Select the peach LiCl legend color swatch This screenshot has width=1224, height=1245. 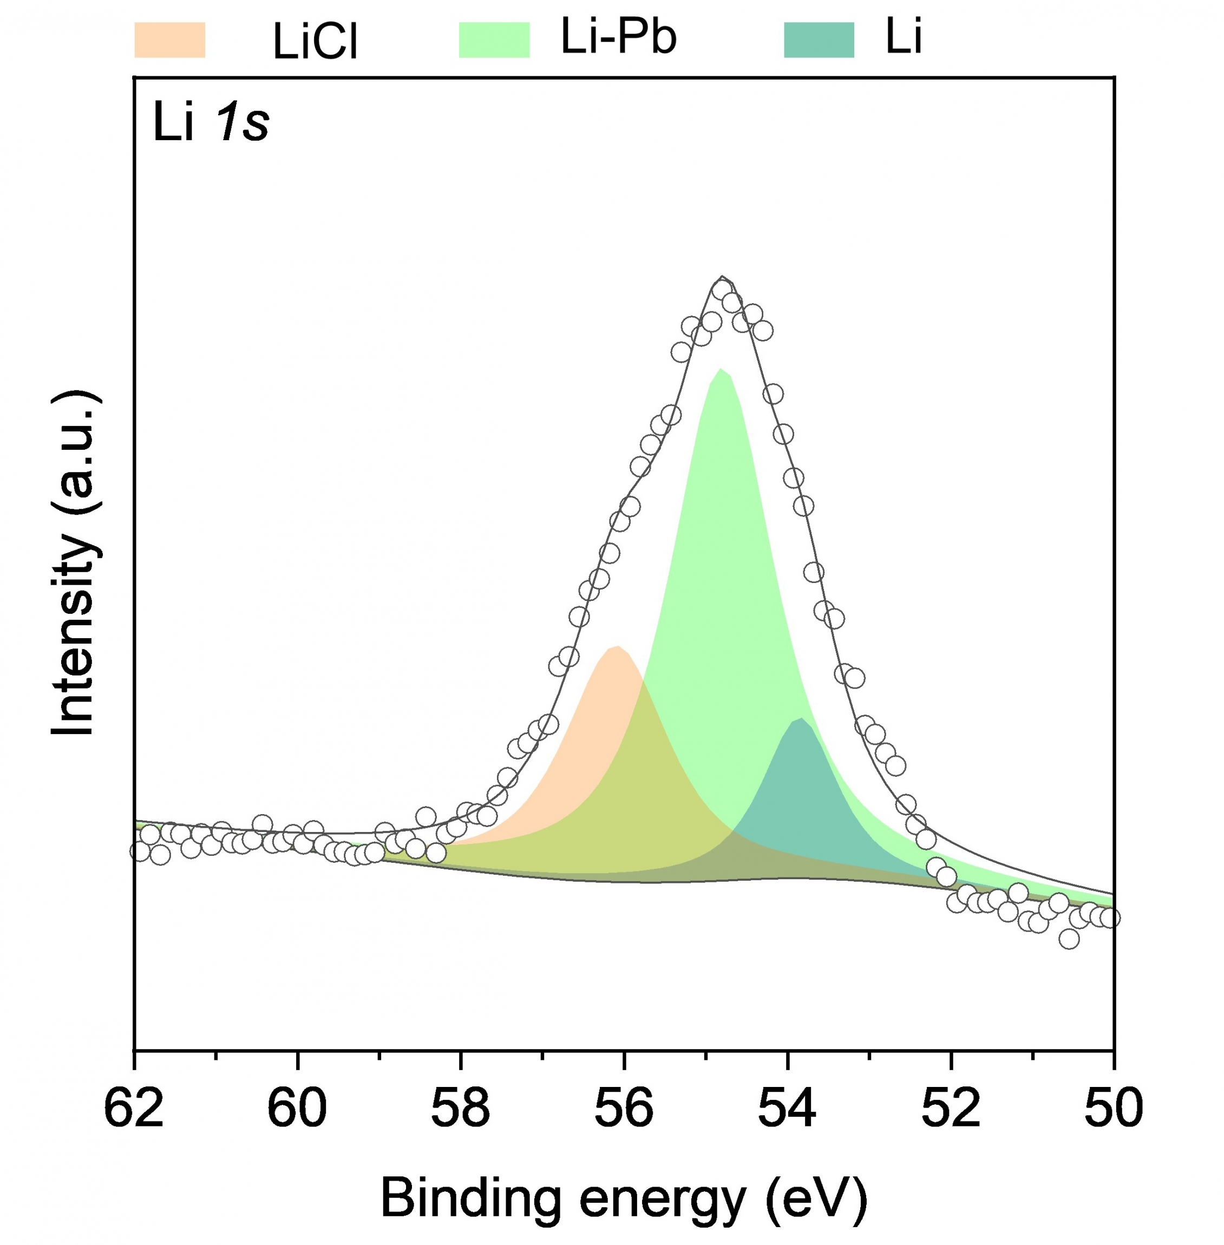click(x=170, y=40)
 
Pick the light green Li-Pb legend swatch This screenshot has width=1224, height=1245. click(x=494, y=40)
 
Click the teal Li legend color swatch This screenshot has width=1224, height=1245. click(x=819, y=40)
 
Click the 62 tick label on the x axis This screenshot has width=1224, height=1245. click(x=134, y=1108)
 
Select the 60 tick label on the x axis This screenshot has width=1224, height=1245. click(x=297, y=1108)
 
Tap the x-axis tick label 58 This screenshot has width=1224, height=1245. click(x=460, y=1108)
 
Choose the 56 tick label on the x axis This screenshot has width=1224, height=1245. click(x=624, y=1108)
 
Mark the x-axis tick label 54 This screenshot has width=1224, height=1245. click(x=787, y=1108)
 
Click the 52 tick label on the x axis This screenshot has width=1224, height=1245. click(x=951, y=1108)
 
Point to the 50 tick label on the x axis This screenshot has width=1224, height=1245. click(x=1113, y=1108)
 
